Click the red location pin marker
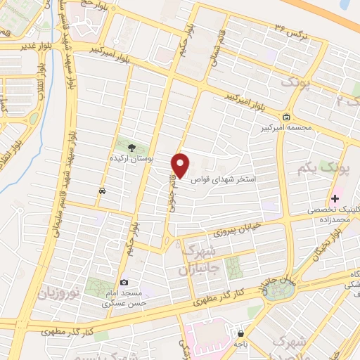(181, 165)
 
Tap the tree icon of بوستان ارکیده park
(131, 148)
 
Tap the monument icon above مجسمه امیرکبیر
(285, 117)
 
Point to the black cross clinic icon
(335, 199)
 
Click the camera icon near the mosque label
(124, 282)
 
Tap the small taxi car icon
(103, 191)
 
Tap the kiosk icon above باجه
(241, 333)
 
